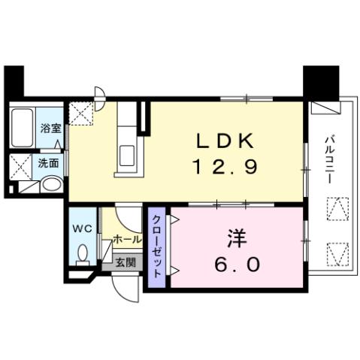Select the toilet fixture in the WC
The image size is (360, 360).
(82, 253)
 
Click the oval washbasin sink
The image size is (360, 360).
(51, 184)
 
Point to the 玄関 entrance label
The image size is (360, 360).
(126, 262)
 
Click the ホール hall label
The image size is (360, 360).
(126, 239)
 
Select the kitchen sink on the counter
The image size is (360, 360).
(127, 156)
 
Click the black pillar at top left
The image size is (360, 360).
(14, 80)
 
